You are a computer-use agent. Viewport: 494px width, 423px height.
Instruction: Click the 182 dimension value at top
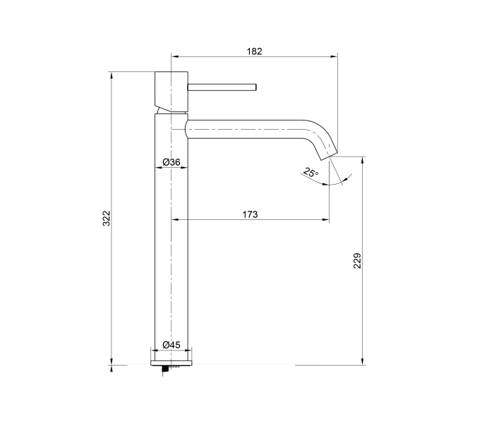tap(254, 51)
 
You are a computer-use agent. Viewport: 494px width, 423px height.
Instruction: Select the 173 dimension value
tap(249, 214)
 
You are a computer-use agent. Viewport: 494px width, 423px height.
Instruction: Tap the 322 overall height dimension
tap(107, 219)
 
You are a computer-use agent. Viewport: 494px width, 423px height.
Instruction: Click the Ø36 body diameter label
tap(171, 162)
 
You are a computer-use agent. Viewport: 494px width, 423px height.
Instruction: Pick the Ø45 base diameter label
tap(171, 345)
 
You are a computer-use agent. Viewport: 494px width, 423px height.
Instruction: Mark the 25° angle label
tap(311, 172)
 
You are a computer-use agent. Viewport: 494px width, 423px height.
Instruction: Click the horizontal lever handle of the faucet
tap(222, 87)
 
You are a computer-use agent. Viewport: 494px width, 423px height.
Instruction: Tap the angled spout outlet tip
tap(329, 150)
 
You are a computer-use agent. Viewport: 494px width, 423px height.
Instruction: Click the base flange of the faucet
tap(171, 359)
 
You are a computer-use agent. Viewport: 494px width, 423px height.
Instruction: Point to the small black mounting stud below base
tap(167, 368)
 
